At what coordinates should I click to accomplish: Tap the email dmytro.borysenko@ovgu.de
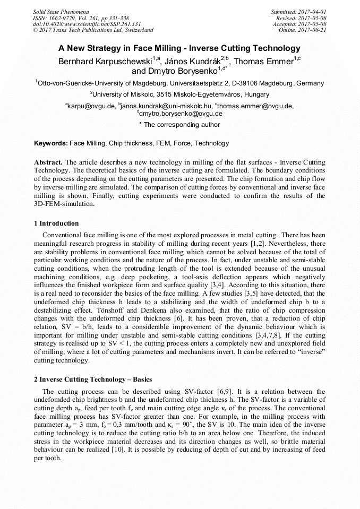[x=181, y=114]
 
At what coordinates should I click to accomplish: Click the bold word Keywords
[x=51, y=143]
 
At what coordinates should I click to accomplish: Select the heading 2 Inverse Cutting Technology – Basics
[x=93, y=379]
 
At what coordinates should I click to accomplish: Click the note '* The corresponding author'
[x=179, y=125]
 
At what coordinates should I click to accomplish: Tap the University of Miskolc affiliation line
[x=180, y=94]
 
